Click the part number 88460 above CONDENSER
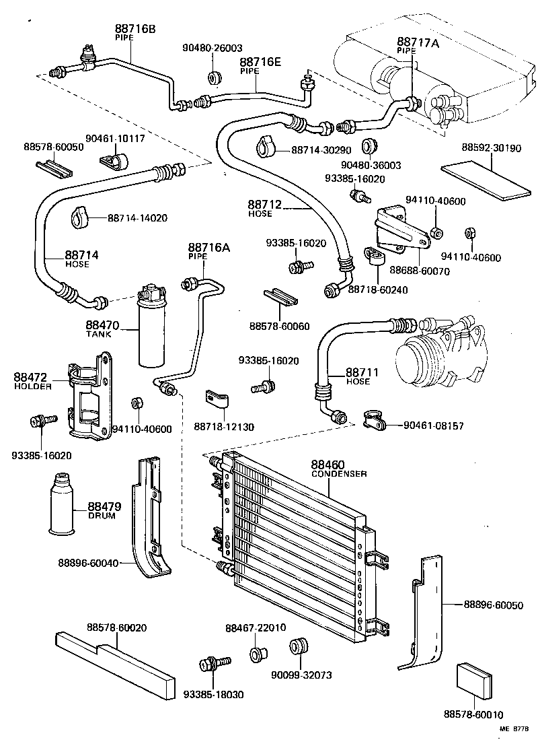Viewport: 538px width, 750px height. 328,465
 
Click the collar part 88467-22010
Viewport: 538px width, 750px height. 257,653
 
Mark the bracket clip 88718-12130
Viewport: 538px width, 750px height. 217,401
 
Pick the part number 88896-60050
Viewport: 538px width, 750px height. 493,605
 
